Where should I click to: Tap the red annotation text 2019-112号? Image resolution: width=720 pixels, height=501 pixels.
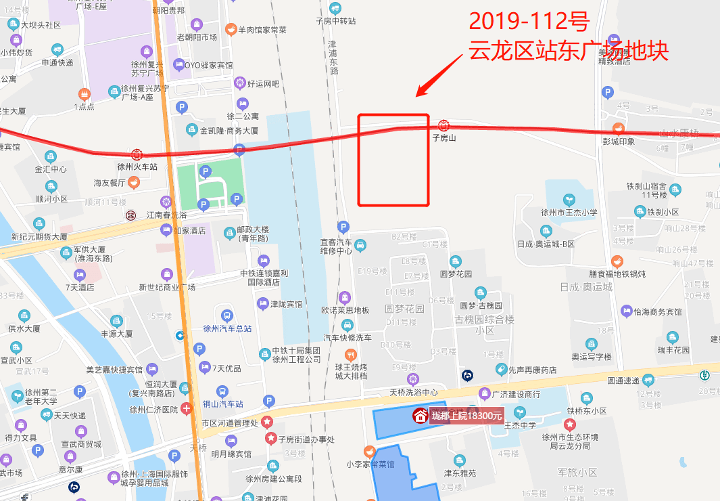click(528, 22)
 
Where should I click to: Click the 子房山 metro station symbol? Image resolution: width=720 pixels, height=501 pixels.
click(443, 125)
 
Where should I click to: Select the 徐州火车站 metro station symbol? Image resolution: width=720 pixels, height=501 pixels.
click(137, 154)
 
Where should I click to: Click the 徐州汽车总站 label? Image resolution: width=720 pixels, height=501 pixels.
click(227, 328)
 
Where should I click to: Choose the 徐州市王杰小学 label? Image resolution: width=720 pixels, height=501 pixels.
click(569, 212)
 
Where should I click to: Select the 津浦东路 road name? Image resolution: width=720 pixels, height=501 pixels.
click(333, 57)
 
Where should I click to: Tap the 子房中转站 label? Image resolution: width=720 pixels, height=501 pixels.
click(336, 21)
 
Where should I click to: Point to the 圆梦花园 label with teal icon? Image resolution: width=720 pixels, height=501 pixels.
click(456, 274)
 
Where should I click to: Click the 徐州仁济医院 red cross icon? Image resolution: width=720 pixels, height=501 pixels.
click(186, 409)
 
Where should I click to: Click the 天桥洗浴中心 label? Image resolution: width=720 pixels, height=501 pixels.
click(414, 393)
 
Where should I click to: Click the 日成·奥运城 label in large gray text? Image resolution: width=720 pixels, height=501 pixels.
click(586, 286)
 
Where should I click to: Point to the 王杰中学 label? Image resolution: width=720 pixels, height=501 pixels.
click(520, 425)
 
